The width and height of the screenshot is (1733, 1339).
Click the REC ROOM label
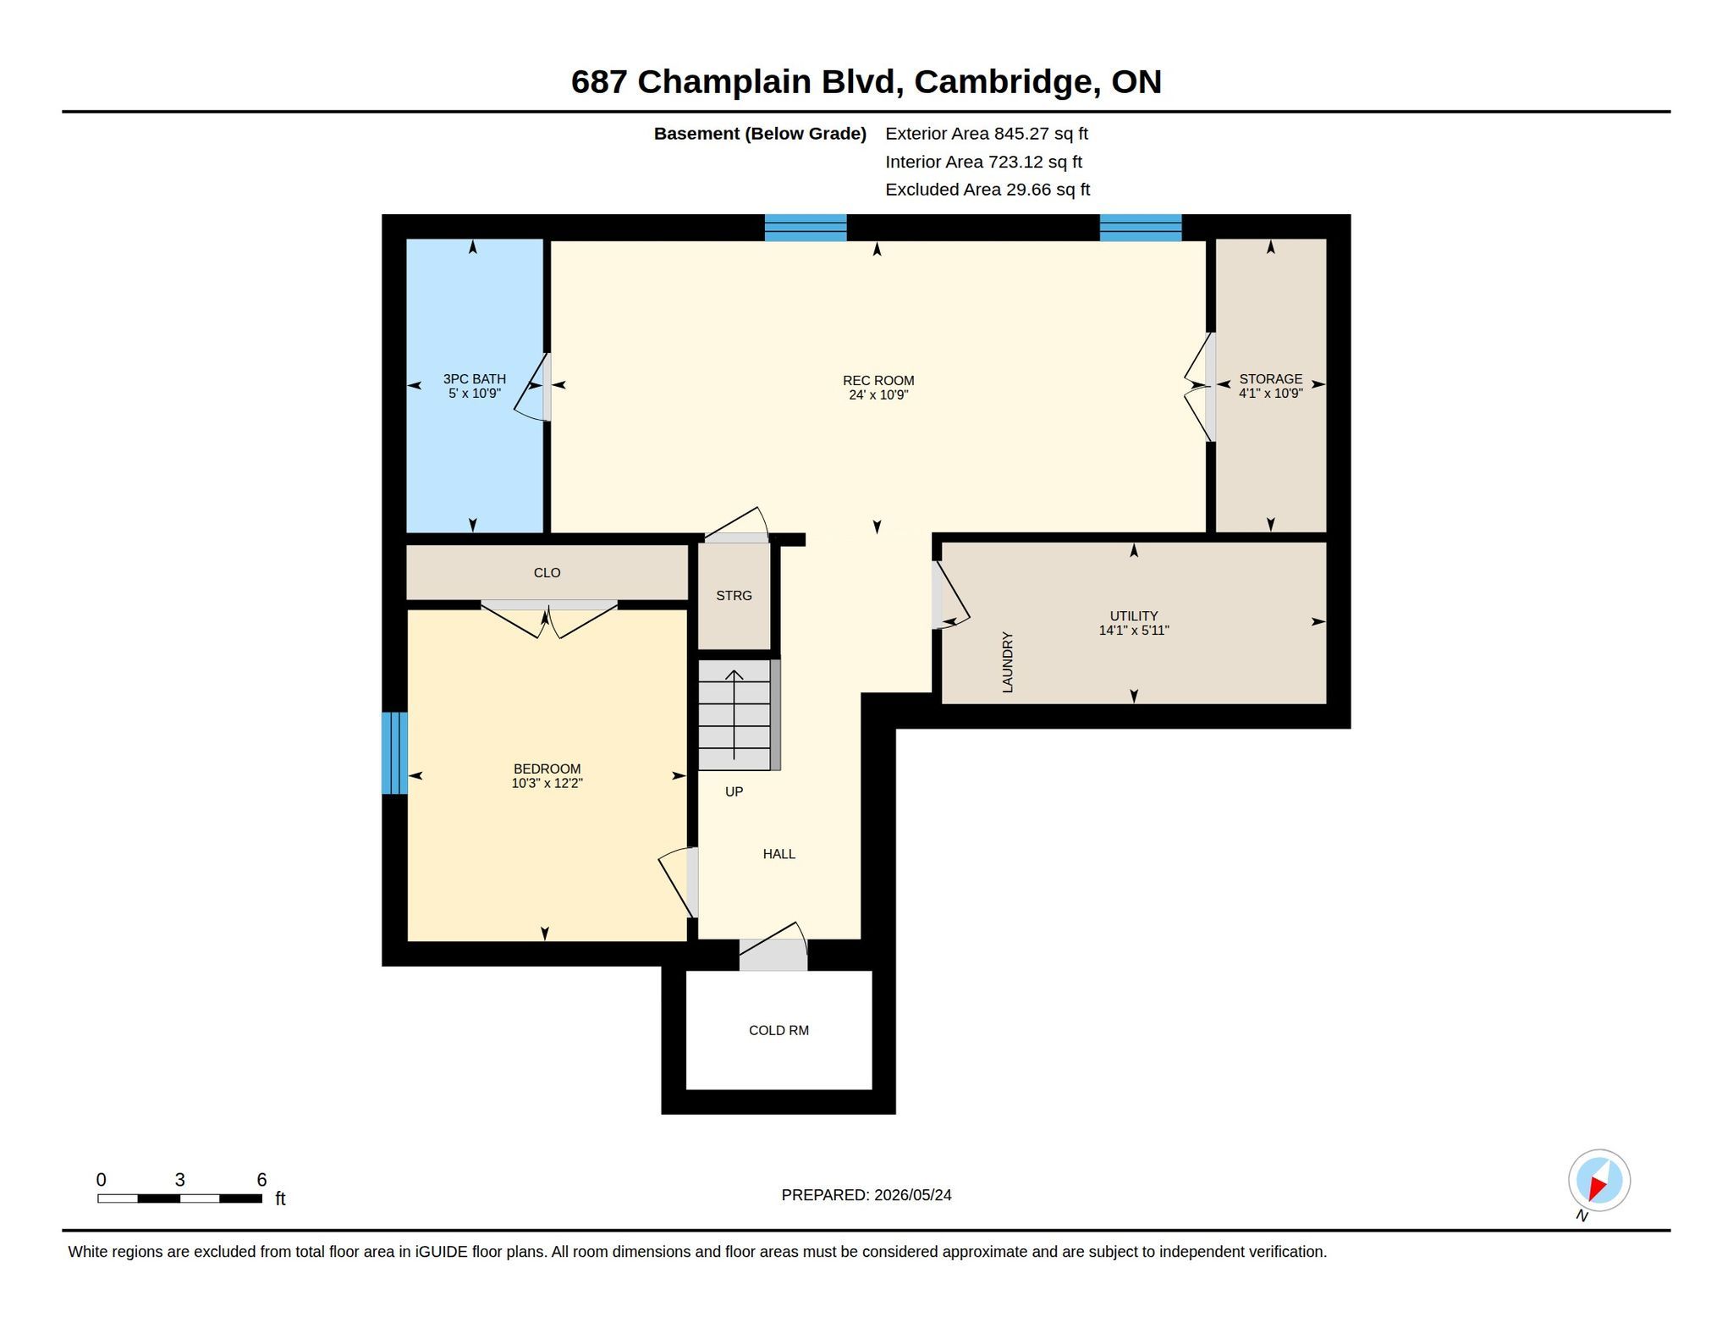(x=878, y=381)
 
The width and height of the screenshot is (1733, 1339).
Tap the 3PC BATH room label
(x=475, y=379)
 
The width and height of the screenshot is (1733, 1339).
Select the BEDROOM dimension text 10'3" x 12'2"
(x=547, y=784)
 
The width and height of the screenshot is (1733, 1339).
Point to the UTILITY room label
(x=1134, y=616)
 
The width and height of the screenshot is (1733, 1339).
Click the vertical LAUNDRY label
(x=1007, y=663)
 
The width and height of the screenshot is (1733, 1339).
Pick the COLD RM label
(x=778, y=1030)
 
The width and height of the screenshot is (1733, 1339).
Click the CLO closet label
(x=547, y=573)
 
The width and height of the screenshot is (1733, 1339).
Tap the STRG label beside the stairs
(x=734, y=596)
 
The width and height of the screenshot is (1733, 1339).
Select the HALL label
(x=778, y=854)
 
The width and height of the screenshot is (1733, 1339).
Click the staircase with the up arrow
(x=734, y=715)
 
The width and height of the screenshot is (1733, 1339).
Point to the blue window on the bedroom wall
(x=394, y=753)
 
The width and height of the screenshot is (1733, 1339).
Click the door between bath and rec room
(x=533, y=387)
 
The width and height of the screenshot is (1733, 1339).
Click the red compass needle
(x=1597, y=1187)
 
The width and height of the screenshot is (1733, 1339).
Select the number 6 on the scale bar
(x=261, y=1180)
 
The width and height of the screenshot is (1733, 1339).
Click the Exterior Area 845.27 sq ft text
(x=987, y=134)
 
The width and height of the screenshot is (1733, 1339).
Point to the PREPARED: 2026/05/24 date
(x=866, y=1195)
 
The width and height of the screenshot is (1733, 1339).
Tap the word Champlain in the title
(x=766, y=82)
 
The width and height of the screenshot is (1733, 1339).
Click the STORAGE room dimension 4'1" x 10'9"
(x=1270, y=394)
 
